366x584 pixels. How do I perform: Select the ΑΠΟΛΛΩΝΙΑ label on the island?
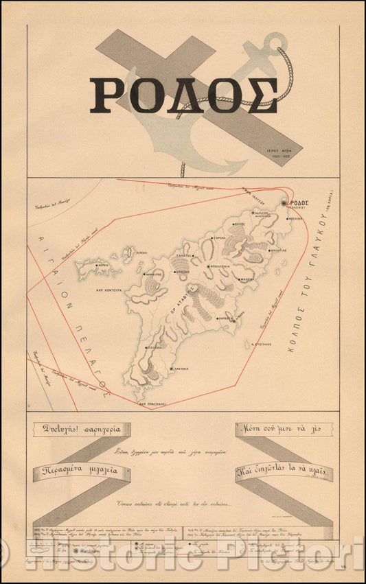click(226, 265)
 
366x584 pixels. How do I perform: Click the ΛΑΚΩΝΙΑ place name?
click(181, 369)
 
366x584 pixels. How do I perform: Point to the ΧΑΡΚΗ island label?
click(104, 265)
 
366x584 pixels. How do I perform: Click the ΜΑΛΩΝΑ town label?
click(247, 279)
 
